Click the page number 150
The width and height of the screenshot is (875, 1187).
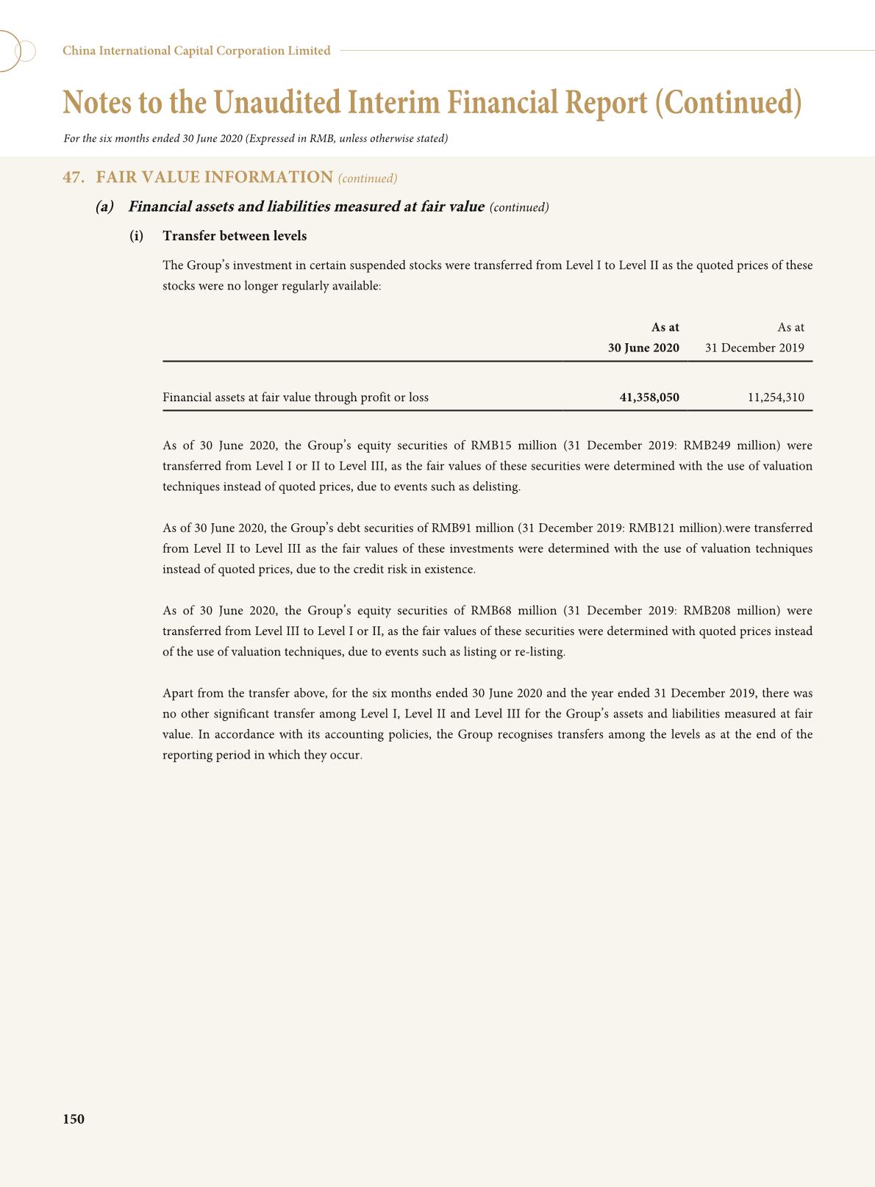point(74,1119)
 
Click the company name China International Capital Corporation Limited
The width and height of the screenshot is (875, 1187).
point(196,51)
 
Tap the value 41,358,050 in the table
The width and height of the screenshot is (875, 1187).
point(649,398)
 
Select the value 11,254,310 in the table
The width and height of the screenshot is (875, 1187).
point(776,398)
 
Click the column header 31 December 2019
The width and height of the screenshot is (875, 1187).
point(754,348)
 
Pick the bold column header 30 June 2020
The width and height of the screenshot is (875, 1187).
point(643,348)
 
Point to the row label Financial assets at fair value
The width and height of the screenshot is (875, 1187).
point(295,398)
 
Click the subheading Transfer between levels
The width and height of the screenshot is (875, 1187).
point(235,236)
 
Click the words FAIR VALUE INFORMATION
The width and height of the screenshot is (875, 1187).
point(215,177)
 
